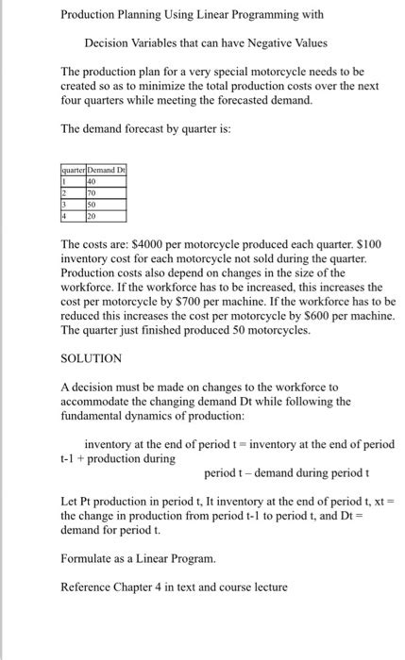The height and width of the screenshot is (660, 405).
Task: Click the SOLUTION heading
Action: (91, 359)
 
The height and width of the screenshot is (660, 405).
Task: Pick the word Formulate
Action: (88, 558)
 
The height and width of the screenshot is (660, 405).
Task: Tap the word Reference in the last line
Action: (88, 586)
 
